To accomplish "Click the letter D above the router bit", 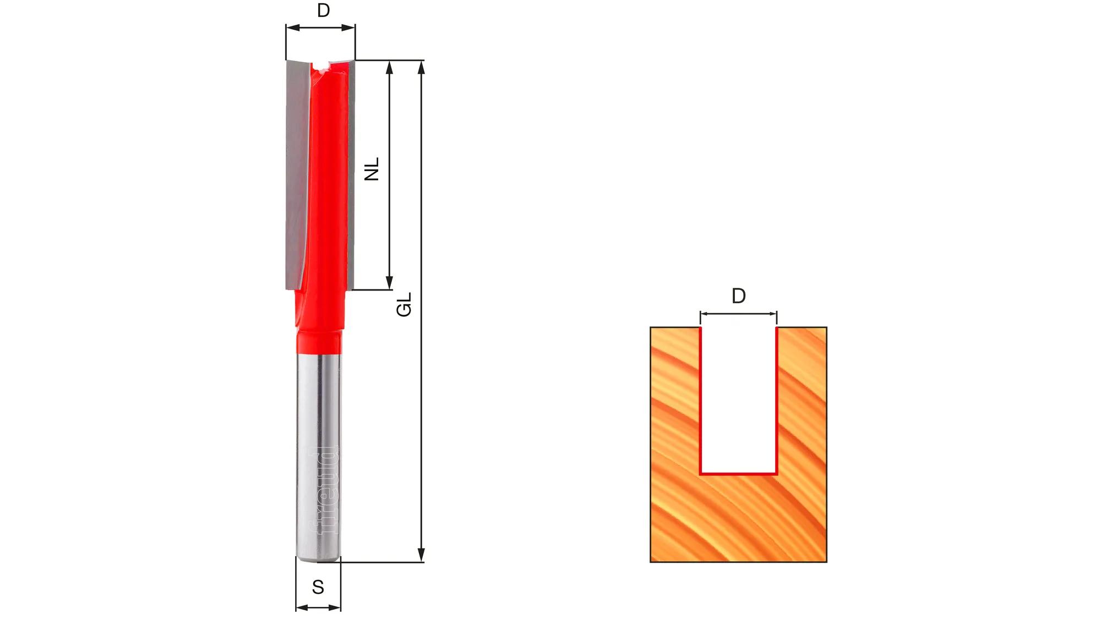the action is (x=324, y=10).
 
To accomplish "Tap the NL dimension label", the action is (x=372, y=169).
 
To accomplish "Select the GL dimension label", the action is (x=404, y=304).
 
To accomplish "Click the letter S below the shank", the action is (x=318, y=587).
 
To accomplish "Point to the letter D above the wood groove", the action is (x=739, y=296).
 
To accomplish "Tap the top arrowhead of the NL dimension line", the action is (x=389, y=67).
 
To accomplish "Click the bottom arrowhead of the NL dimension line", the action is (x=389, y=282).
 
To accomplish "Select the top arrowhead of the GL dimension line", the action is (x=422, y=67).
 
